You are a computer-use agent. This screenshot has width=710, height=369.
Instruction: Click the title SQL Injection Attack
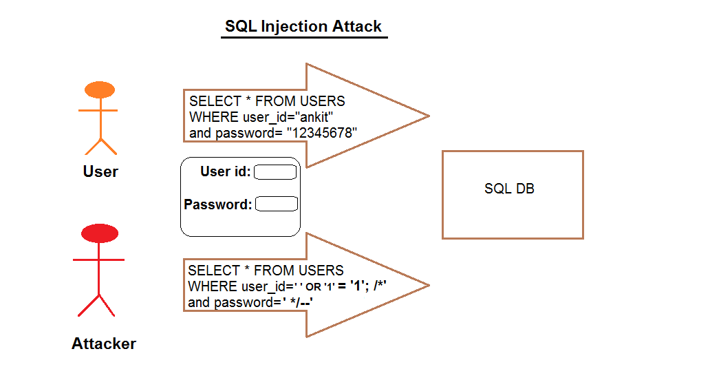(x=303, y=27)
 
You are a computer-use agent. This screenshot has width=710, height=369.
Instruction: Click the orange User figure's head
(x=100, y=89)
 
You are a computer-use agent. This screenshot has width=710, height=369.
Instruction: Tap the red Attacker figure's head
(x=99, y=233)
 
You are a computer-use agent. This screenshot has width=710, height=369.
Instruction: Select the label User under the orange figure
(x=100, y=171)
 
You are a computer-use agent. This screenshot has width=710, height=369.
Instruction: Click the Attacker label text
(x=104, y=344)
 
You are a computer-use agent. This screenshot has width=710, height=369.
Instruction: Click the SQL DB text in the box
(x=509, y=189)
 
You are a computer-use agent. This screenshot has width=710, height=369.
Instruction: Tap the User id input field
(x=275, y=172)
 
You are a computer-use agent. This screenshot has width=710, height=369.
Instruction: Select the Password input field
(x=276, y=204)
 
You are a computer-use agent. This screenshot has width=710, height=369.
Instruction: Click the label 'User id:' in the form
(x=225, y=171)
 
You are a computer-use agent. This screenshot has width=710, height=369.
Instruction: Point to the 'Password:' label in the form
(x=217, y=204)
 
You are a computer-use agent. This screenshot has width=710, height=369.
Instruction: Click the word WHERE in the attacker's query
(x=213, y=286)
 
